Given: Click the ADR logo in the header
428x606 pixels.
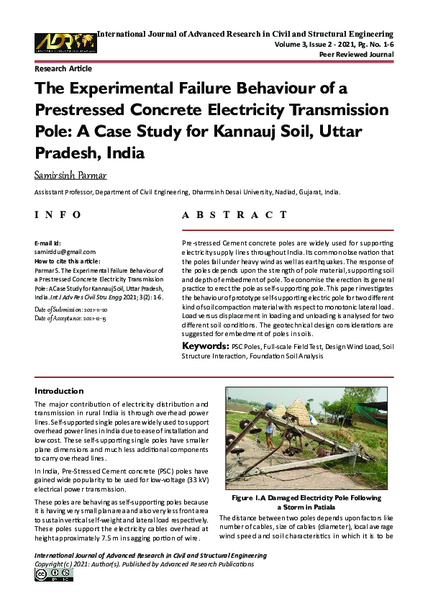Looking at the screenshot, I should [65, 42].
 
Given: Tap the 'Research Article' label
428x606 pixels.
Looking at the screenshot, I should [63, 69].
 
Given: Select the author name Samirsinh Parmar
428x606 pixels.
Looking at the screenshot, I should [71, 176].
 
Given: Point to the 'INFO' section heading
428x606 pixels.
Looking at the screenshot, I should [58, 214].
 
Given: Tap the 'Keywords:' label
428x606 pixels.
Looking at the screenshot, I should [205, 346].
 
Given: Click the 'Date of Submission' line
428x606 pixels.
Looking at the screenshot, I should [71, 309].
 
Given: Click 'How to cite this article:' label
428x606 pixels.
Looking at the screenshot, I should [68, 261].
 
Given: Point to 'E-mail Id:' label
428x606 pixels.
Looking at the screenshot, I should [48, 244].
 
